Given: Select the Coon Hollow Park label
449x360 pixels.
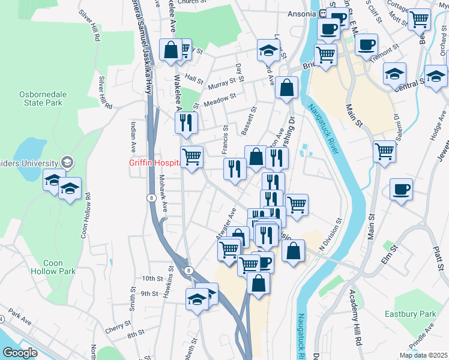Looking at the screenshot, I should [59, 267].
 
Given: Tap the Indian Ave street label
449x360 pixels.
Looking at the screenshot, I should [133, 137].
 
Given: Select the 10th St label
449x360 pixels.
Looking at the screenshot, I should [152, 278].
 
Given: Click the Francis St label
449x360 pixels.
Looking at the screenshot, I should [226, 139].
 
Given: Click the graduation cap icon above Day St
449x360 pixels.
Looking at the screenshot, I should [268, 50].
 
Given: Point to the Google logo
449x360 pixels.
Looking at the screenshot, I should [19, 353].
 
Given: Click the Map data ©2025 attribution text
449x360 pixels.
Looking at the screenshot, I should [423, 355].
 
